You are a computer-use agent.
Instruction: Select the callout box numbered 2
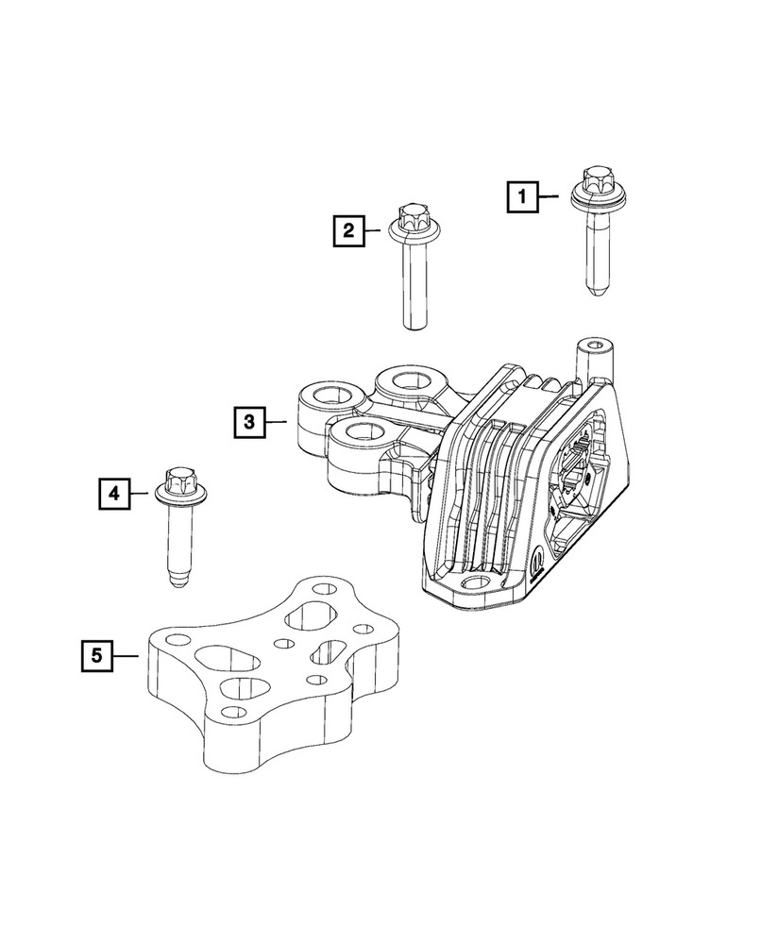[x=347, y=229]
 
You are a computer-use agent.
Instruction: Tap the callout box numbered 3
[x=250, y=421]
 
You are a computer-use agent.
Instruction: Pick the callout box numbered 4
[x=112, y=492]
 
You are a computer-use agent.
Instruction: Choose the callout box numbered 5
[x=95, y=654]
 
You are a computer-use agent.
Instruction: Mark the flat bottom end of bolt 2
[x=412, y=326]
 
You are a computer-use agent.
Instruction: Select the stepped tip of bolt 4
[x=177, y=578]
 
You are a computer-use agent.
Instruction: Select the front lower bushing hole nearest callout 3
[x=361, y=435]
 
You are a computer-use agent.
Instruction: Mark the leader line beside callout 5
[x=127, y=654]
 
